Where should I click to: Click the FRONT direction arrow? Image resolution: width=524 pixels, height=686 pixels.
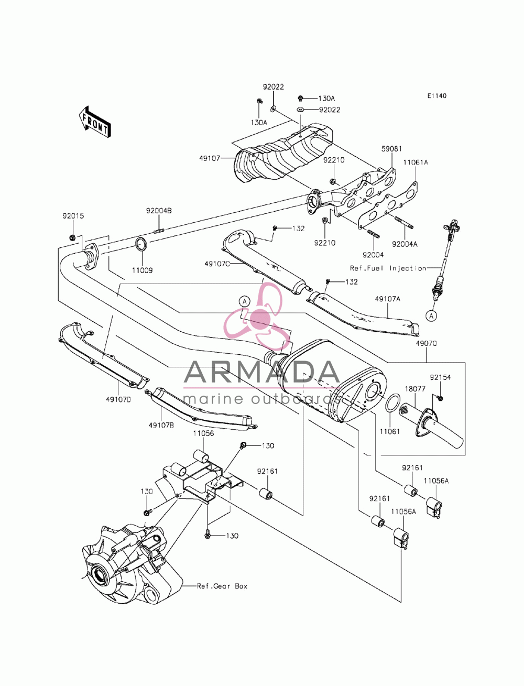[x=94, y=122]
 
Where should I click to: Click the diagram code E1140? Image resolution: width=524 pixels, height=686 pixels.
[x=436, y=96]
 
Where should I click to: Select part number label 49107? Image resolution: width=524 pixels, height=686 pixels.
[x=210, y=158]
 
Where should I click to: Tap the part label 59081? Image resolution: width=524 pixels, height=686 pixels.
[x=391, y=149]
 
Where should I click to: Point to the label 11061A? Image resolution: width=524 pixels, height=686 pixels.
[x=415, y=162]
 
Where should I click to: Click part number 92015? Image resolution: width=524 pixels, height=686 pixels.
[x=73, y=216]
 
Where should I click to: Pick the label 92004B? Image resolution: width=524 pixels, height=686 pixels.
[x=159, y=211]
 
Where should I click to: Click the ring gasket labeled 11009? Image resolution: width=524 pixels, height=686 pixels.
[x=142, y=244]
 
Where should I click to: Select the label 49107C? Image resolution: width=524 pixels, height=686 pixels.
[x=217, y=264]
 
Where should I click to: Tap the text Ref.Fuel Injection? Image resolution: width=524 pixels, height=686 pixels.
[x=388, y=268]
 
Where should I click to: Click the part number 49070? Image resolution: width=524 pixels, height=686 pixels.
[x=426, y=344]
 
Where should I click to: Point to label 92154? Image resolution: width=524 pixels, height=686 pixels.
[x=440, y=377]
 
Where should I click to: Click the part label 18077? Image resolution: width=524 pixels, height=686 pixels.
[x=415, y=389]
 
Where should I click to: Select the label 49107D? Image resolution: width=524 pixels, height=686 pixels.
[x=118, y=399]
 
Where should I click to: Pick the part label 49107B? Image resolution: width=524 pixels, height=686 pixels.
[x=161, y=426]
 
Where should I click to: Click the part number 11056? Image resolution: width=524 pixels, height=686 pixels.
[x=203, y=433]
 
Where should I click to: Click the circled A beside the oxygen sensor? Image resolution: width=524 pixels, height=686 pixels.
[x=431, y=316]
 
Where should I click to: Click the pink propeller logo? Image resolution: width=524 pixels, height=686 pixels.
[x=258, y=317]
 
